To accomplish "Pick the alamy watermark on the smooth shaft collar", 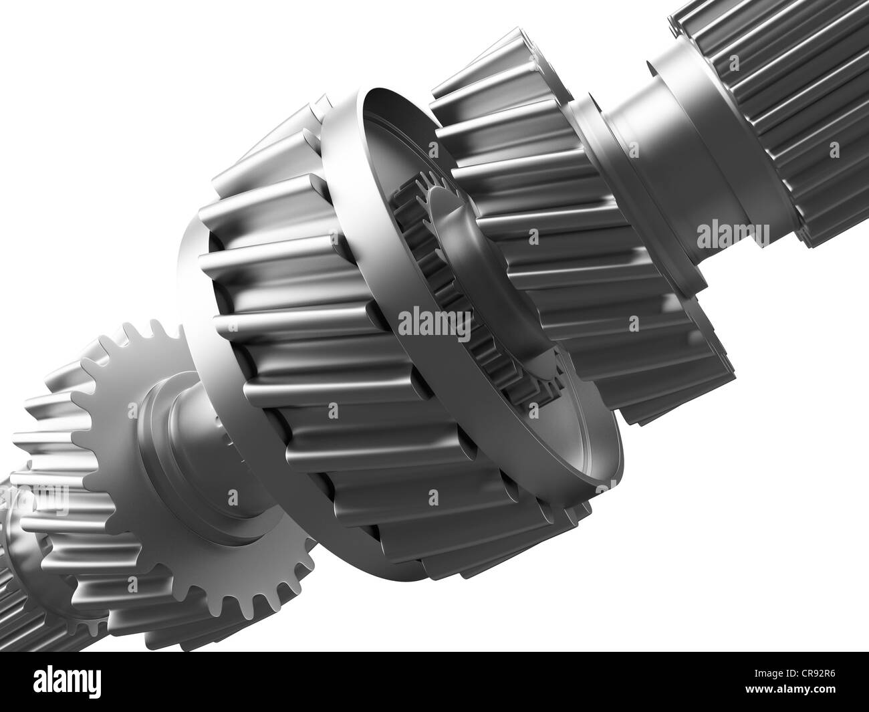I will [732, 234].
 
